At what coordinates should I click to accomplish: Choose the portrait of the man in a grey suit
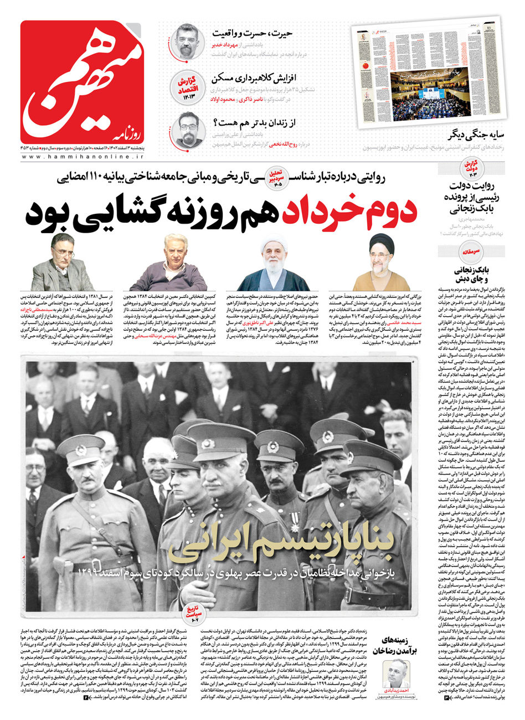[61, 263]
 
